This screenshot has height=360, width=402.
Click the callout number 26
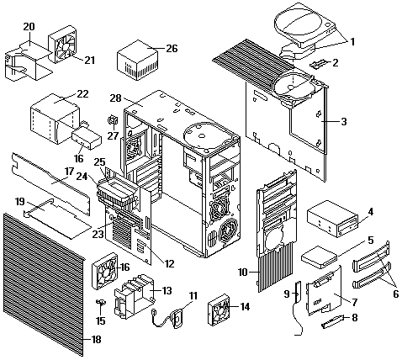(172, 48)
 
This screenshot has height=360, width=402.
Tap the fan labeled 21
(63, 45)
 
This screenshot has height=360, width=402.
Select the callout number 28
(115, 98)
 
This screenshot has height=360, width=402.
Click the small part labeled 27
(113, 120)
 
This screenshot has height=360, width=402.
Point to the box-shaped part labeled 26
(138, 60)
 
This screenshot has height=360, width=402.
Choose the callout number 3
(344, 122)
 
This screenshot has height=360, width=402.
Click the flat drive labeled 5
(319, 257)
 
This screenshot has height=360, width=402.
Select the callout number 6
(395, 294)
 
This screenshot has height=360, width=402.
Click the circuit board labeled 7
(325, 292)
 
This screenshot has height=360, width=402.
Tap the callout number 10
(243, 272)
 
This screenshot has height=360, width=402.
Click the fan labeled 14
(220, 310)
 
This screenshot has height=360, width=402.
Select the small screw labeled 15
(101, 302)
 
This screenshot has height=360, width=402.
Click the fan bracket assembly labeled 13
(135, 297)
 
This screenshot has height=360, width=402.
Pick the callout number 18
(96, 340)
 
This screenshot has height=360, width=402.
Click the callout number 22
(82, 93)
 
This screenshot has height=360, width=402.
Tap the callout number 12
(169, 264)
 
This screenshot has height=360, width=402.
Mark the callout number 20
(29, 27)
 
